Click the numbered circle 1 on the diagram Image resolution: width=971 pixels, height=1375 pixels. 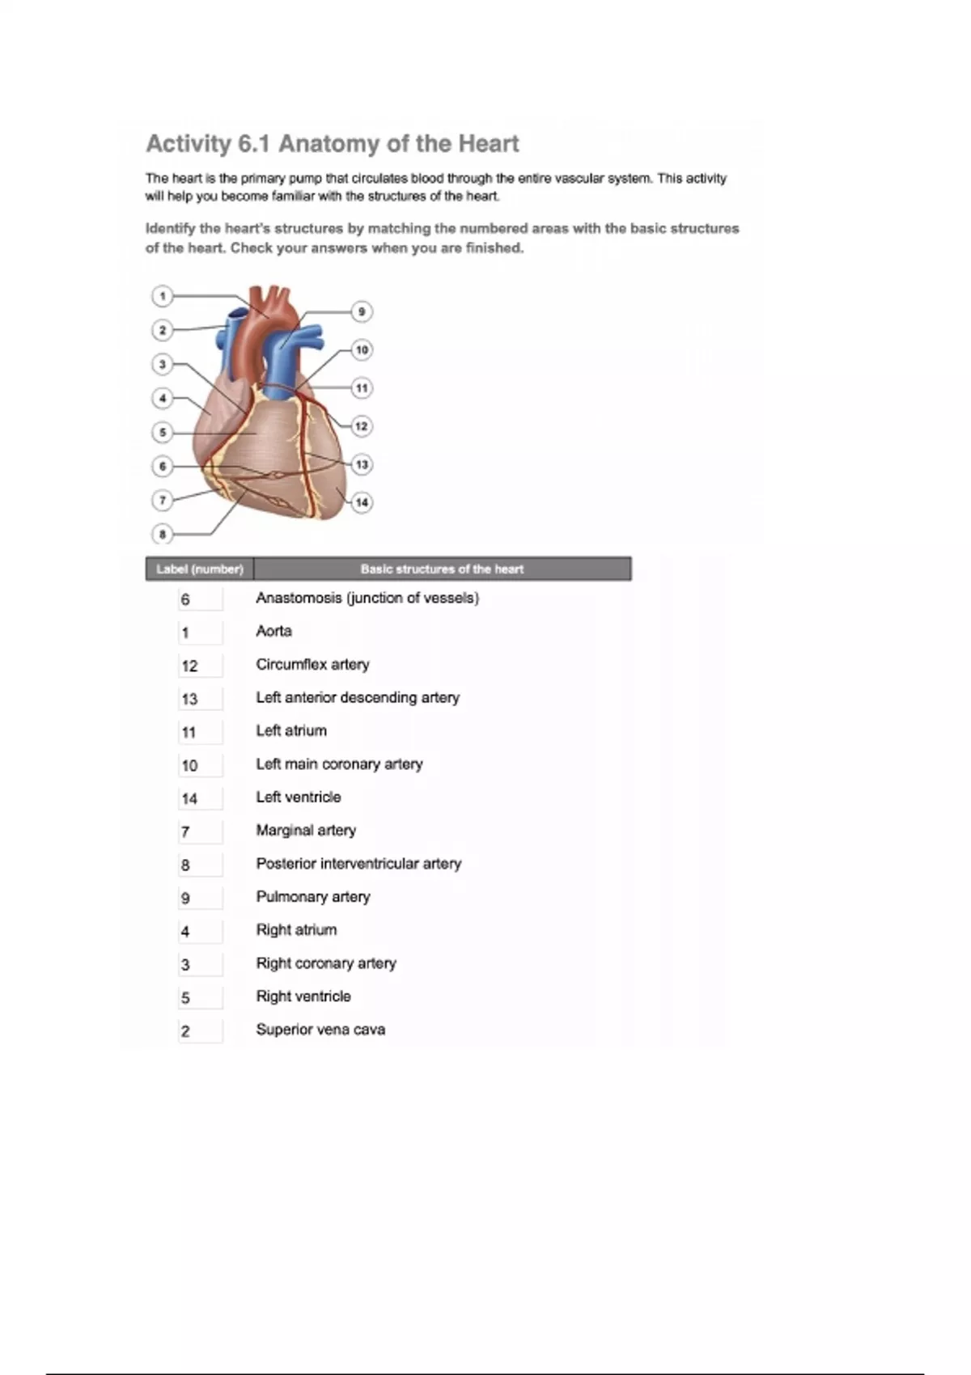(163, 296)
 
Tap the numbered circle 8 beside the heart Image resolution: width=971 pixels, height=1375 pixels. (163, 534)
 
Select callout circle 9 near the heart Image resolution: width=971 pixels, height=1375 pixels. (362, 311)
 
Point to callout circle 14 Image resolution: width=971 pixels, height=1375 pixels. (362, 502)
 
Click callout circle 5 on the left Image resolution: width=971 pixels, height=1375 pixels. (163, 433)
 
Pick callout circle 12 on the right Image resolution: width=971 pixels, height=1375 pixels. (362, 426)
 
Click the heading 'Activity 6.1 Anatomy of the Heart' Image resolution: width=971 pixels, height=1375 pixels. (332, 144)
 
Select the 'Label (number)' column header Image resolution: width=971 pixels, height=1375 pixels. (200, 569)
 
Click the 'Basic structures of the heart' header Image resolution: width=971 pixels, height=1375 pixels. (442, 569)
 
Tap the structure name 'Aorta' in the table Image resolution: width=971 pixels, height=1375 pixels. (273, 631)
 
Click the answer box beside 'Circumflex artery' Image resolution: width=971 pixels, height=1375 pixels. (199, 666)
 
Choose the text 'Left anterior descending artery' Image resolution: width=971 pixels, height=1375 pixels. (358, 697)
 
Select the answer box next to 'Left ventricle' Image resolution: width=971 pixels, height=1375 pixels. (199, 798)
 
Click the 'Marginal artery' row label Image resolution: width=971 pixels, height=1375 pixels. (306, 830)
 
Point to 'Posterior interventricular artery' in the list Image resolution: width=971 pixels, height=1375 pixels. (358, 863)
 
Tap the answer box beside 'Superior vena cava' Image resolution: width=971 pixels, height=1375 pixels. (199, 1031)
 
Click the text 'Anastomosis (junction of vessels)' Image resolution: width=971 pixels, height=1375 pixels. (367, 598)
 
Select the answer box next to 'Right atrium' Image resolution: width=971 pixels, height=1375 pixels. (199, 932)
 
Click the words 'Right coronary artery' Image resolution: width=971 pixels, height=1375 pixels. (326, 963)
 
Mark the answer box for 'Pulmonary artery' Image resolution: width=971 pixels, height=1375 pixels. (199, 898)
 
